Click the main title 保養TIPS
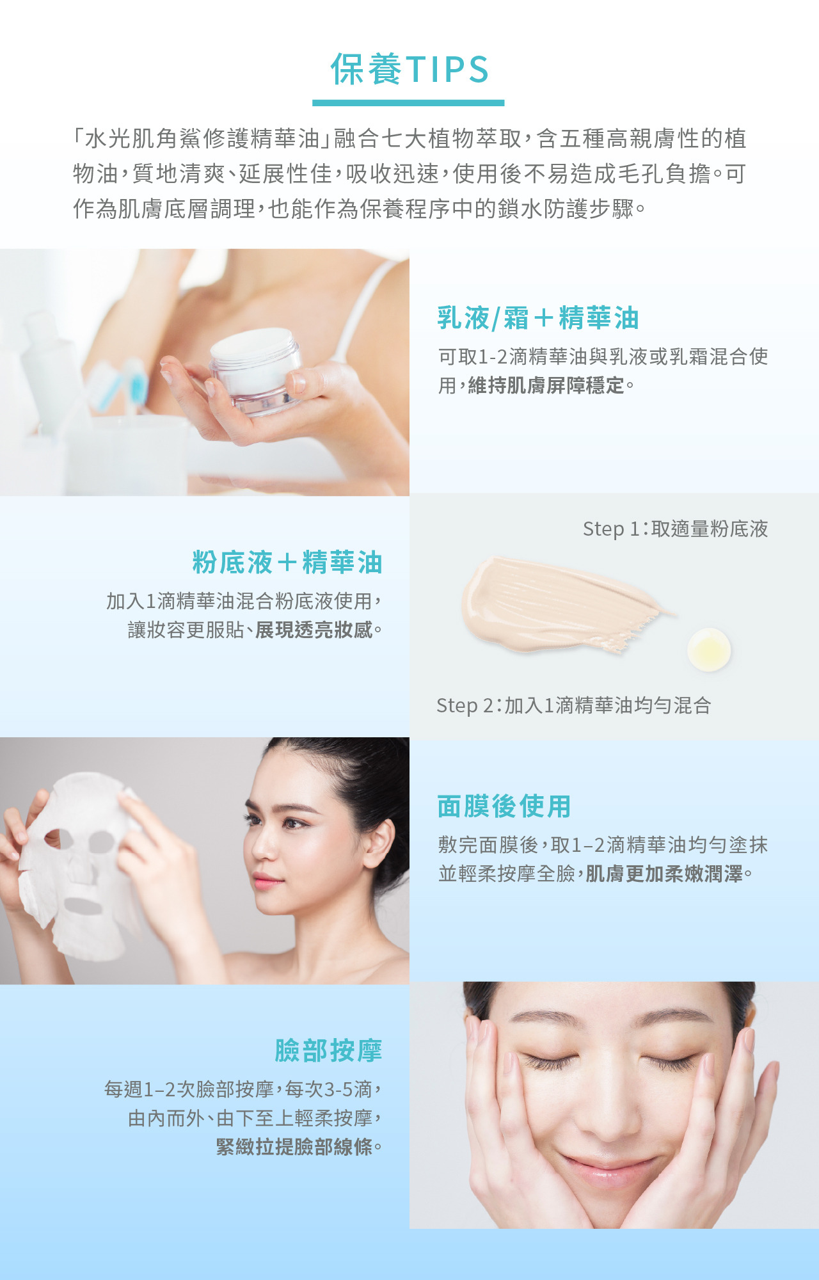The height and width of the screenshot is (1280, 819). tap(409, 69)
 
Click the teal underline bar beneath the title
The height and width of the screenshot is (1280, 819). tap(408, 102)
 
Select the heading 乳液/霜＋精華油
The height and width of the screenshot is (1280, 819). tap(538, 318)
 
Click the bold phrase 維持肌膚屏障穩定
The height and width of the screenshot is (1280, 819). tap(546, 385)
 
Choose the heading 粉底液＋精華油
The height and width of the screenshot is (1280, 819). tap(287, 563)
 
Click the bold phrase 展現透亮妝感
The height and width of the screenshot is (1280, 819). tap(314, 630)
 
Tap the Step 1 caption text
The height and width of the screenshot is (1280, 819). tap(675, 529)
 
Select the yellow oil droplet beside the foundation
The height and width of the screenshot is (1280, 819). tap(709, 650)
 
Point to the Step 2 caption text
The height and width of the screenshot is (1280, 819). tap(574, 705)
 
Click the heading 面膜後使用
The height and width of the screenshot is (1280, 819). tap(504, 806)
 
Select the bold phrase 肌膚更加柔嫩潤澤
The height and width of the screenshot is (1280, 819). tap(664, 874)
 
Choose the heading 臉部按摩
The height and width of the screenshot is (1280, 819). tap(328, 1051)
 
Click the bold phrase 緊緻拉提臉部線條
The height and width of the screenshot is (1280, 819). tap(294, 1146)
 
